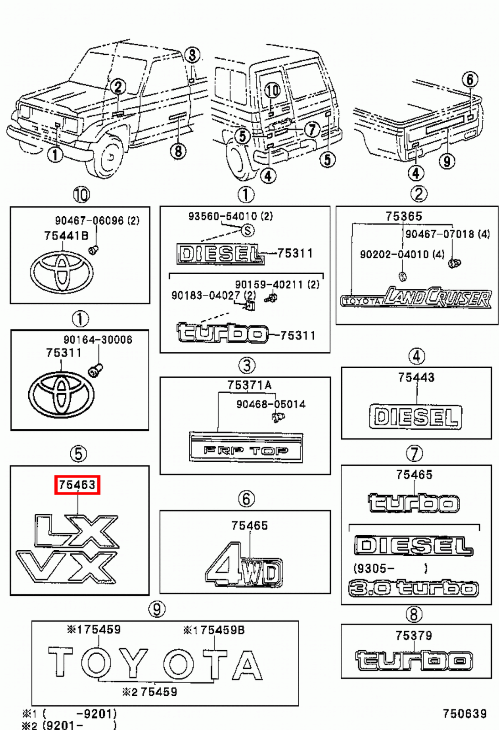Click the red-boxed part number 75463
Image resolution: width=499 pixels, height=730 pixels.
pyautogui.click(x=77, y=485)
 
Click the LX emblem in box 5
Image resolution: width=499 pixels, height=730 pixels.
pyautogui.click(x=77, y=531)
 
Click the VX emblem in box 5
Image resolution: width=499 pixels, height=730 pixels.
pyautogui.click(x=67, y=567)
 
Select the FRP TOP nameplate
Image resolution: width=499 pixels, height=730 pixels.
pyautogui.click(x=246, y=448)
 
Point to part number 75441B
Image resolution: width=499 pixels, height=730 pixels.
pyautogui.click(x=66, y=235)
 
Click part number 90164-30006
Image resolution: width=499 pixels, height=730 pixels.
pyautogui.click(x=98, y=339)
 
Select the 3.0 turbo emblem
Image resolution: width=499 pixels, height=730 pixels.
pyautogui.click(x=413, y=588)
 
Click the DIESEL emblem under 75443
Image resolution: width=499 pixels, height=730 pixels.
pyautogui.click(x=415, y=417)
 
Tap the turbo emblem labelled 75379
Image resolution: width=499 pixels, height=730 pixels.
pyautogui.click(x=414, y=660)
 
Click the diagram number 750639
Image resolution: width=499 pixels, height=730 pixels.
pyautogui.click(x=465, y=714)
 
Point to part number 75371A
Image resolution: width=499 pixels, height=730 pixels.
pyautogui.click(x=249, y=385)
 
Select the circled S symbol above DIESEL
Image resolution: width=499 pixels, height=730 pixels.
pyautogui.click(x=248, y=230)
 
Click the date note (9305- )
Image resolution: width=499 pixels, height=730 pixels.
pyautogui.click(x=390, y=568)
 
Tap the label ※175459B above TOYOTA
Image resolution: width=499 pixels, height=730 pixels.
pyautogui.click(x=214, y=630)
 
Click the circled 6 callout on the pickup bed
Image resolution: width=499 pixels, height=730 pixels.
pyautogui.click(x=470, y=80)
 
